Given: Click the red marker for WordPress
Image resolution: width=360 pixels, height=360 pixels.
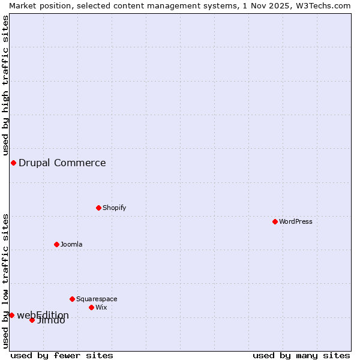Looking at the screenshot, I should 275,221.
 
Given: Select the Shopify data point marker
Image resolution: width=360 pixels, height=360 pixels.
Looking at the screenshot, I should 98,208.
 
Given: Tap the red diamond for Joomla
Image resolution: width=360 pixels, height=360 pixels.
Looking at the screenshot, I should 56,244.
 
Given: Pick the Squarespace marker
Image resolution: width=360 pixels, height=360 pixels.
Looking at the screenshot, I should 72,299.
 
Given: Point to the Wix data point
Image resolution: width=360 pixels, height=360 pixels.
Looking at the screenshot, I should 91,307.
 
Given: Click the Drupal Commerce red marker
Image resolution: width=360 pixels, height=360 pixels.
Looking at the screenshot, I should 13,163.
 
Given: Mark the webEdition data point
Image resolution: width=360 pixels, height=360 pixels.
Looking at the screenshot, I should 11,315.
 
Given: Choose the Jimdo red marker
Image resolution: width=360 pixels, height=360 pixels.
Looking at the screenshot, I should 32,320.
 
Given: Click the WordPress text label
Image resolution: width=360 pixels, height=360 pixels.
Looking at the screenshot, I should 296,221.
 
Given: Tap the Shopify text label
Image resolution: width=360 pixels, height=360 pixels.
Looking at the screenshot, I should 114,208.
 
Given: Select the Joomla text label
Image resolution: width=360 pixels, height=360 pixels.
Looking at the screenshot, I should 71,244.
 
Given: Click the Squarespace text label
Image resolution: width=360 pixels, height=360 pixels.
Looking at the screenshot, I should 97,299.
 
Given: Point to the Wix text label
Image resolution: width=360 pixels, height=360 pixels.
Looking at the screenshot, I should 101,307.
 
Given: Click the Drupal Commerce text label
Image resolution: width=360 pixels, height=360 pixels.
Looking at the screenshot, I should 62,163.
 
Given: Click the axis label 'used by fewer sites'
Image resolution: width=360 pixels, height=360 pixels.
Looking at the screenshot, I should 62,355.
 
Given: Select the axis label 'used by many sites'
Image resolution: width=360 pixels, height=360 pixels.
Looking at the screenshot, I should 301,355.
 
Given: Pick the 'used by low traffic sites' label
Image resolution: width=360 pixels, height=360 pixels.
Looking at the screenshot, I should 5,280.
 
